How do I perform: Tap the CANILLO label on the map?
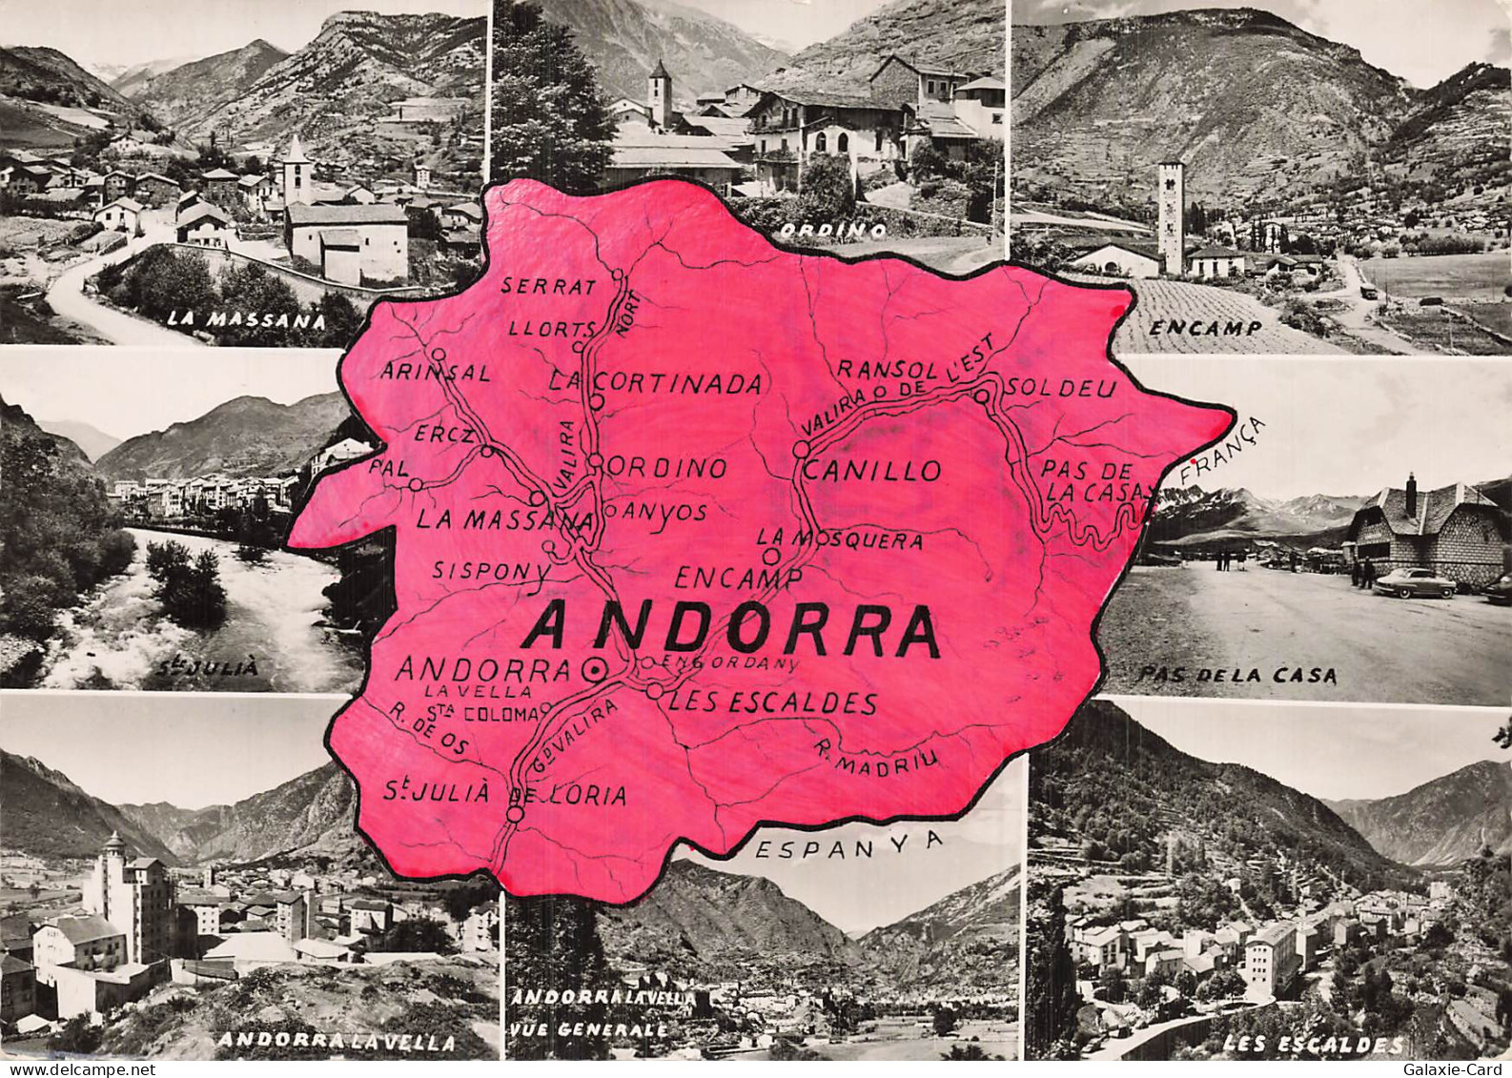coord(873,470)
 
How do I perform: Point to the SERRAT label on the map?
coord(548,285)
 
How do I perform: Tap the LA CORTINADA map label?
coord(657,383)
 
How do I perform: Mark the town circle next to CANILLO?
coord(801,448)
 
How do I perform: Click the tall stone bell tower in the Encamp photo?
coord(1170,216)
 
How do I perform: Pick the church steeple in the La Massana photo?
coord(296,169)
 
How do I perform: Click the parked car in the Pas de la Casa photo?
coord(1413,581)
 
